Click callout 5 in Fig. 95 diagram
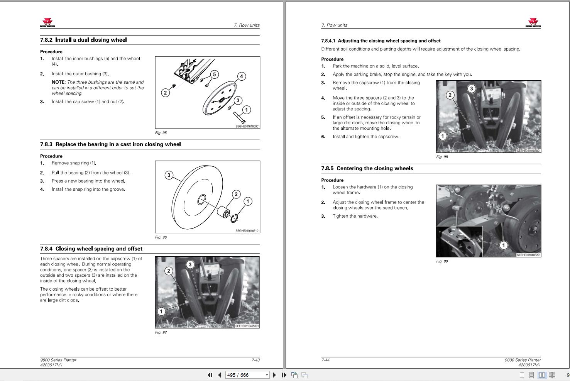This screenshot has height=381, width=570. [215, 75]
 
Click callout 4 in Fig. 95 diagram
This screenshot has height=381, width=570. [241, 76]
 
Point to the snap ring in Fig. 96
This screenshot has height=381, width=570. [234, 218]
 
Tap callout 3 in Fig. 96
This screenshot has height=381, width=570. [169, 175]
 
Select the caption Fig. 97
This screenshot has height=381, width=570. [161, 332]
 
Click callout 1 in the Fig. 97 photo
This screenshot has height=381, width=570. [161, 311]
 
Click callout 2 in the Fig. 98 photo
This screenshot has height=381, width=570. [450, 95]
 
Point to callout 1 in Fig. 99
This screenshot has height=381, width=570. [503, 245]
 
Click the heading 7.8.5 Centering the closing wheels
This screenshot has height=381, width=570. [367, 169]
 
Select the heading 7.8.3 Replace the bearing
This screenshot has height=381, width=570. [110, 144]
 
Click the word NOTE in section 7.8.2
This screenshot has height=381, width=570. [58, 82]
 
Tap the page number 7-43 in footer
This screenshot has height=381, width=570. [255, 360]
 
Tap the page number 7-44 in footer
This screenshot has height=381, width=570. [325, 360]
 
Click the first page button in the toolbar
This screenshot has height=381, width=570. [210, 375]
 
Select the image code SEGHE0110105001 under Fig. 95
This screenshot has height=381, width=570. [247, 126]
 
